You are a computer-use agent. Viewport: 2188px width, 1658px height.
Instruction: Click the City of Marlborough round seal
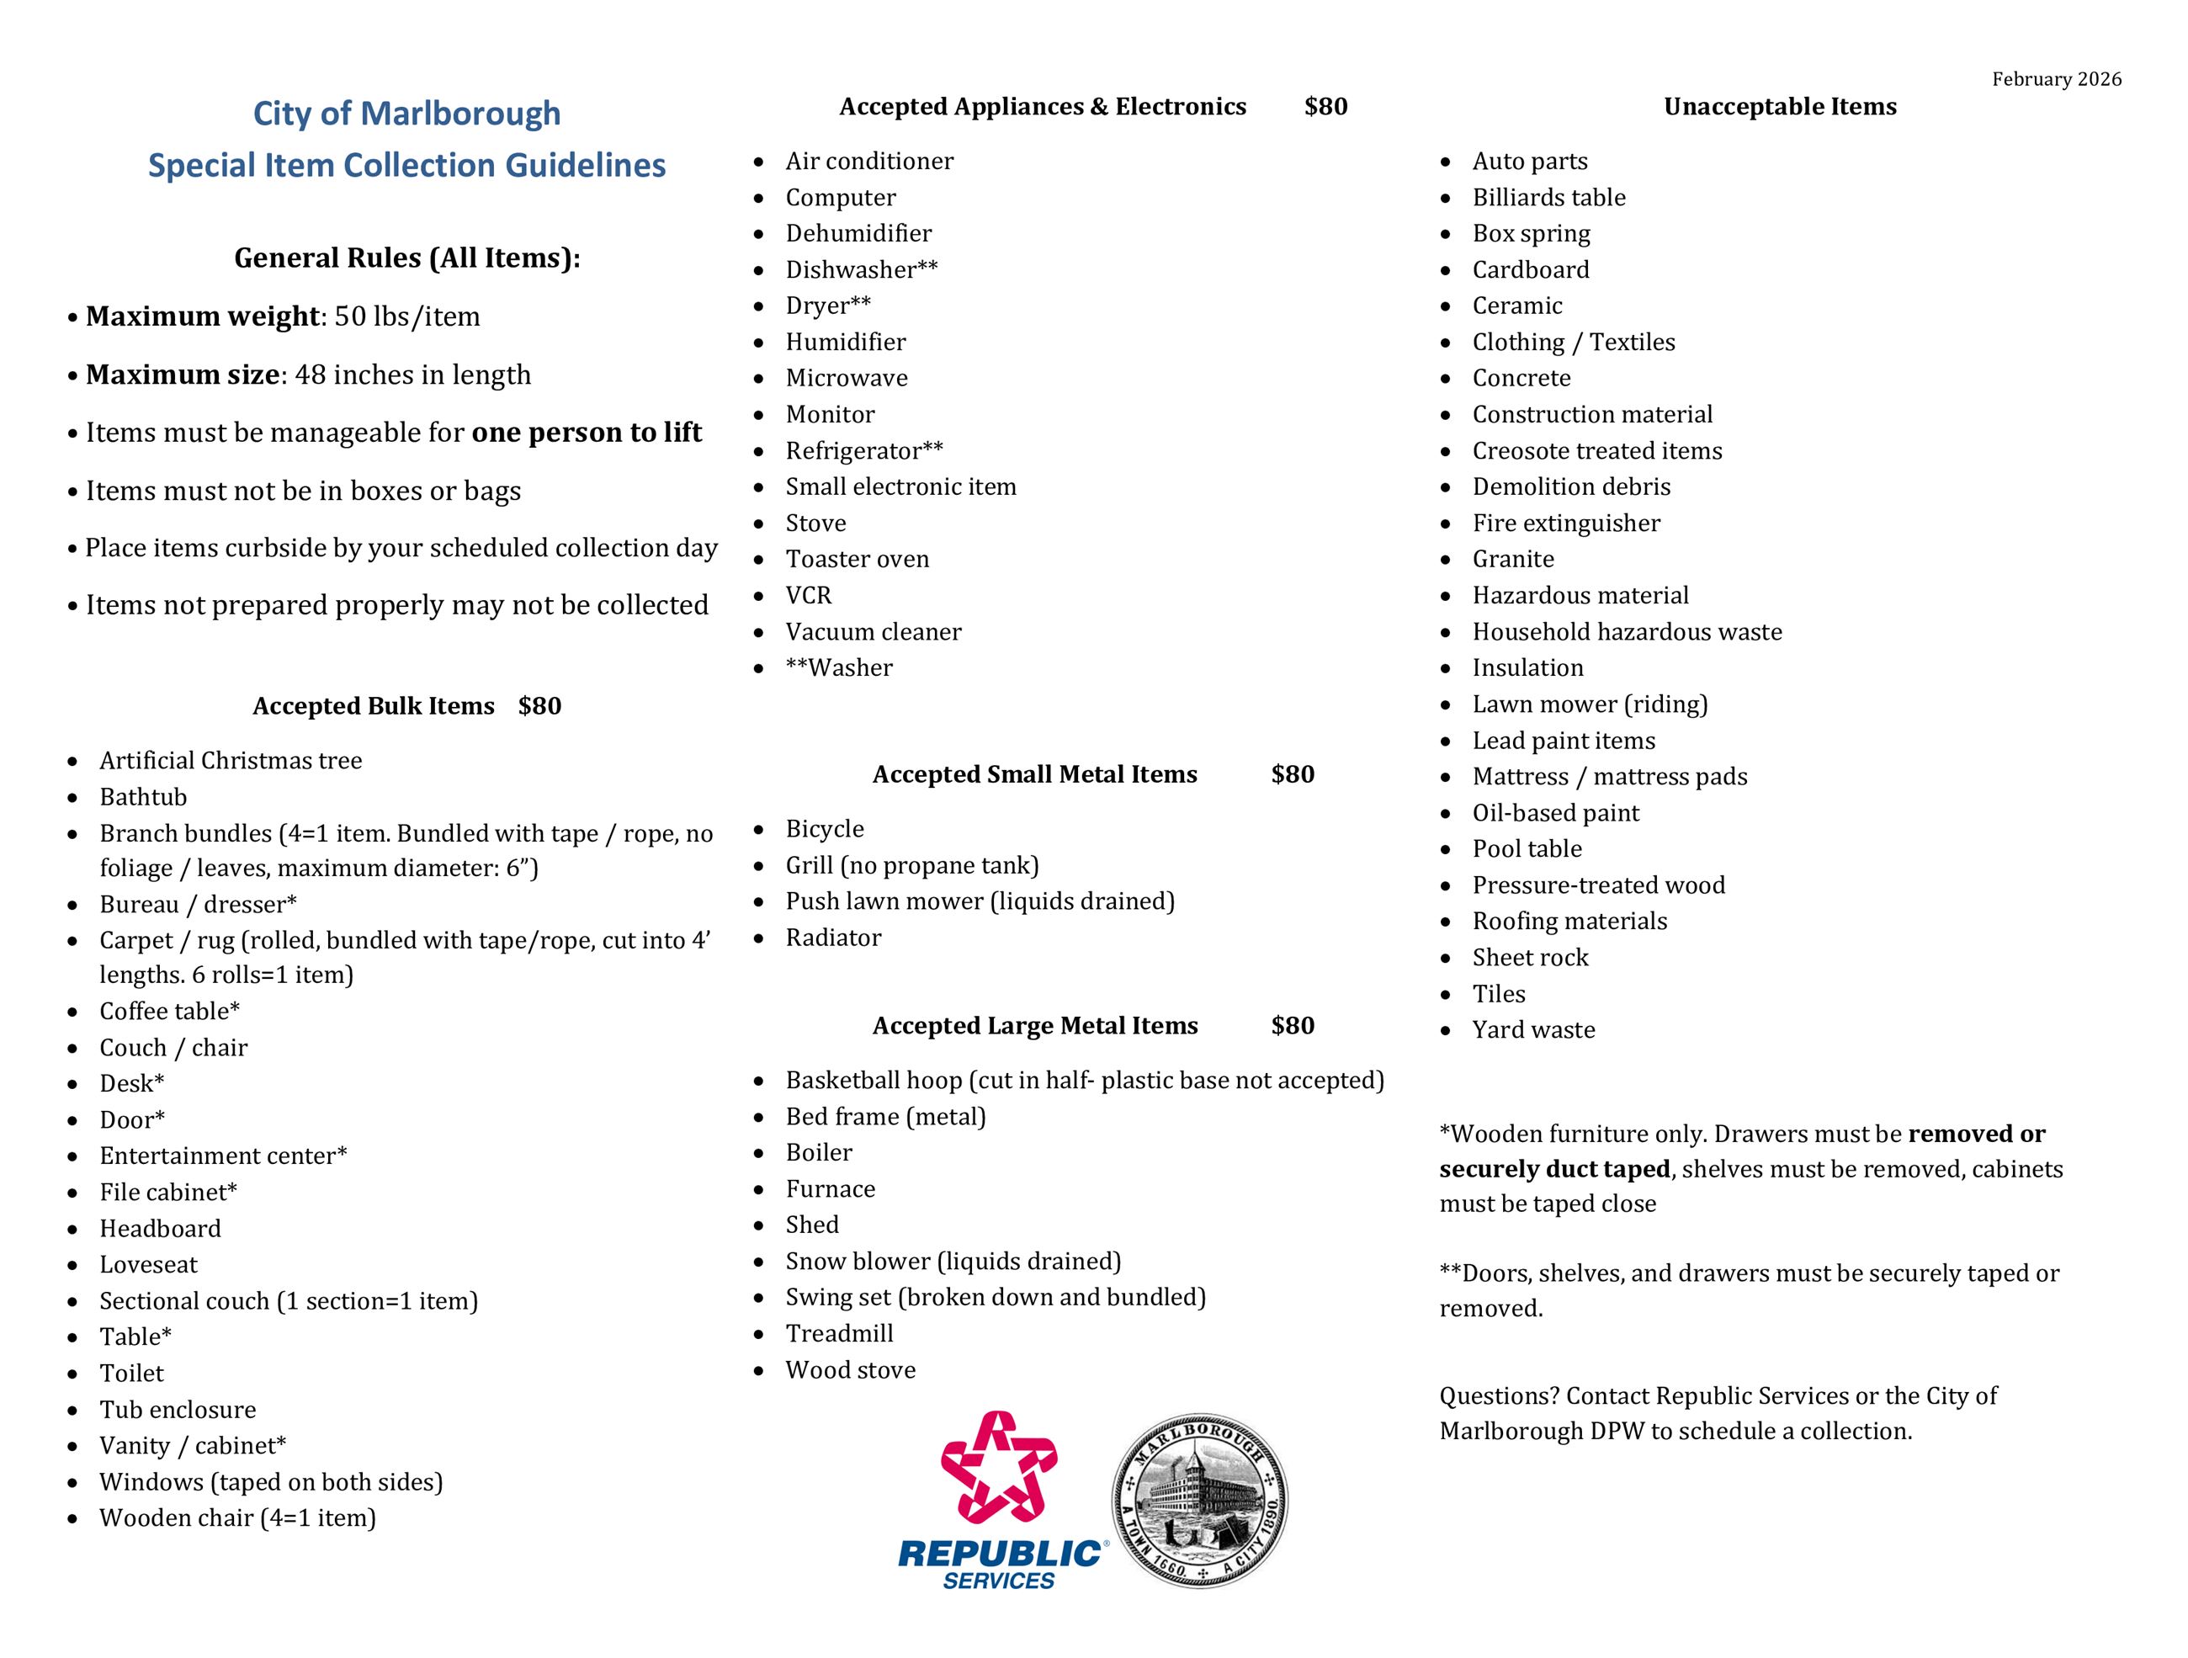[1200, 1500]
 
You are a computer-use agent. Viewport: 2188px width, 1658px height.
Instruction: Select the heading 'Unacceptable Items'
[1780, 107]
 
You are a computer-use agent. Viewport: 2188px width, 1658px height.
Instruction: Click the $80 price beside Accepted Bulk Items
[539, 706]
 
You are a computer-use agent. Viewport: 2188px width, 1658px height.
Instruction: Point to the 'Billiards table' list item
[1548, 198]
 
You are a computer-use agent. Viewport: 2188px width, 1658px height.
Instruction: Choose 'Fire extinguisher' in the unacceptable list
[1566, 523]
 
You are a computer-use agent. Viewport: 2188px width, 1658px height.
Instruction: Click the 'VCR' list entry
[808, 596]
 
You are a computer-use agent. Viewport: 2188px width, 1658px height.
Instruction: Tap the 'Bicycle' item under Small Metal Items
[824, 829]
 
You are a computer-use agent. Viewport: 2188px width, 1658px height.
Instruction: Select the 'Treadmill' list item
[839, 1333]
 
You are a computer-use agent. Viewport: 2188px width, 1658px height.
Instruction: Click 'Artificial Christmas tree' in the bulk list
[231, 761]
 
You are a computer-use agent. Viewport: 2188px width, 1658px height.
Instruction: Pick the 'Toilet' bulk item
[131, 1373]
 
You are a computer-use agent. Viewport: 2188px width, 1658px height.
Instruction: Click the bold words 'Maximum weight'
[203, 316]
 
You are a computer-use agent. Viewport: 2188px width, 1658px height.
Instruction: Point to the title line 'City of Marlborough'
[406, 114]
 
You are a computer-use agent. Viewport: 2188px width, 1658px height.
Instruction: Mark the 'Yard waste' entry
[1533, 1030]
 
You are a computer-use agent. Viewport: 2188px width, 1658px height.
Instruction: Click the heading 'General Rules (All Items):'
[406, 258]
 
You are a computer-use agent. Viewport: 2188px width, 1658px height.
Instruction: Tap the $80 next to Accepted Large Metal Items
[1292, 1026]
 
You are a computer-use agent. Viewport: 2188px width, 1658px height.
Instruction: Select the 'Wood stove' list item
[850, 1370]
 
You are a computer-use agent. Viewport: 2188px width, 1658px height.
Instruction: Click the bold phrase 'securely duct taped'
[1554, 1169]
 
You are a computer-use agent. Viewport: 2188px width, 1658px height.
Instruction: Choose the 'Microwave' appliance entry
[846, 378]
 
